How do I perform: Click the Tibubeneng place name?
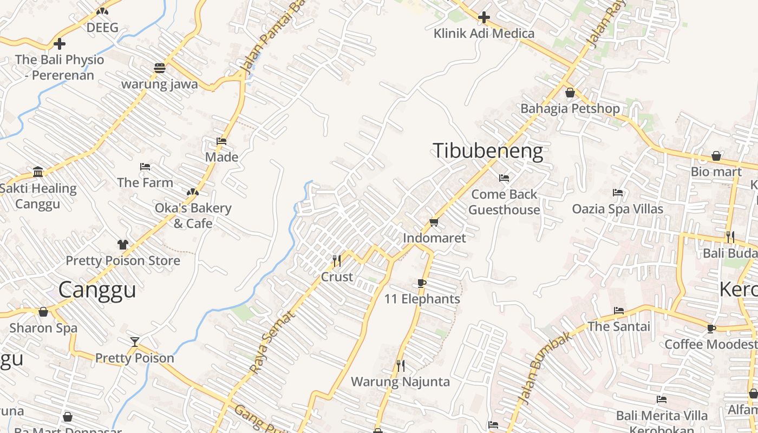[488, 150]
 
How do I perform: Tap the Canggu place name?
[97, 290]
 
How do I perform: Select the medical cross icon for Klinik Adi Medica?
[483, 18]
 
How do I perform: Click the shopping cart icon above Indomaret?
[434, 222]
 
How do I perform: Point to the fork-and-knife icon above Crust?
[337, 261]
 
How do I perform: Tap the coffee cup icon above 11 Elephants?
[422, 283]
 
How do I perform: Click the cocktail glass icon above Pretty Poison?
[135, 342]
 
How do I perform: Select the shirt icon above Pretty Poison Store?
[123, 245]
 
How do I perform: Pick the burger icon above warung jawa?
[159, 68]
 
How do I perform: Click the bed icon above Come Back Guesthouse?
[504, 178]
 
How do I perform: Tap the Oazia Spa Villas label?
[618, 209]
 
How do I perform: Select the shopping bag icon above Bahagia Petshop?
[570, 93]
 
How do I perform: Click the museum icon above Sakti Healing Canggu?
[38, 172]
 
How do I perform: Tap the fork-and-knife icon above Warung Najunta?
[400, 366]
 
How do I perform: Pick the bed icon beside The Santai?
[619, 311]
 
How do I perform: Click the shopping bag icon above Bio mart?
[716, 156]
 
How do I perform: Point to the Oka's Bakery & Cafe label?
[193, 215]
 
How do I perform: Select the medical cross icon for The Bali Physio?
[60, 44]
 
